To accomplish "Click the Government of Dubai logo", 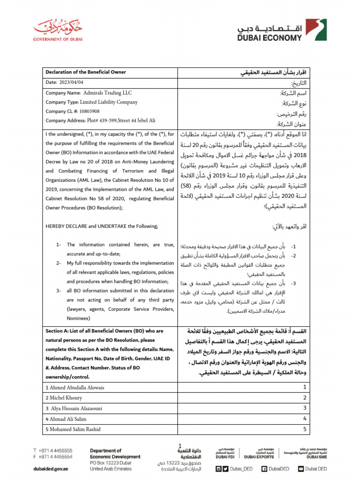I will pyautogui.click(x=57, y=30).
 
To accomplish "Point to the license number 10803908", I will pyautogui.click(x=89, y=112).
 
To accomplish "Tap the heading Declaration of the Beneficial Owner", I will pyautogui.click(x=85, y=72).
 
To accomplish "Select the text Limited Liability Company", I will pyautogui.click(x=109, y=102).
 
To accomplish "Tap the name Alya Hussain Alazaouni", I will pyautogui.click(x=78, y=408).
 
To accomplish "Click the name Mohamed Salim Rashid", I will pyautogui.click(x=75, y=429).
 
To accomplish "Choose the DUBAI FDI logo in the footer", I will pyautogui.click(x=226, y=452).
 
